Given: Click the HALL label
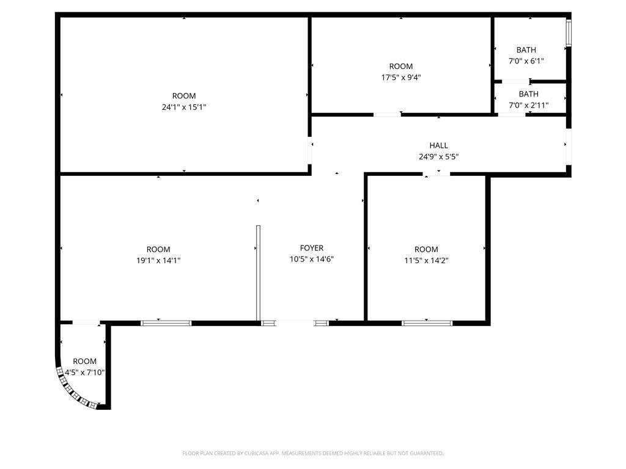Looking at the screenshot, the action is (x=438, y=145).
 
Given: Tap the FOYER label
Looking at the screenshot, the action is (x=311, y=248).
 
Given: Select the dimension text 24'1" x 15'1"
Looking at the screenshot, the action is (x=183, y=107).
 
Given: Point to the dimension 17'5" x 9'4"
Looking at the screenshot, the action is (x=401, y=78).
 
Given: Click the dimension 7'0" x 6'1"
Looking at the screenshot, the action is (x=526, y=61).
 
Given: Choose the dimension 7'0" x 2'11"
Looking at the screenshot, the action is (x=528, y=105).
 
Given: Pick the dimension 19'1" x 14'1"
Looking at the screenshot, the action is (x=158, y=260).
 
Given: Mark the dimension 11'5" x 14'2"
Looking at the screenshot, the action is (x=426, y=260).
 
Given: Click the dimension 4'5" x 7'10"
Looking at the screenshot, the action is (x=84, y=373).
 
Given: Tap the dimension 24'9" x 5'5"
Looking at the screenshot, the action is (x=438, y=157).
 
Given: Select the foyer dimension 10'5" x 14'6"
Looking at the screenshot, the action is (x=311, y=259).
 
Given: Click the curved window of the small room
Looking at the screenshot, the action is (x=72, y=392).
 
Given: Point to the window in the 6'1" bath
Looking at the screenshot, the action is (x=569, y=32).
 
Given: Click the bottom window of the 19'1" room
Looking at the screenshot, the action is (x=166, y=323).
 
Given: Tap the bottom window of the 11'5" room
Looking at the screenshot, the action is (x=427, y=323).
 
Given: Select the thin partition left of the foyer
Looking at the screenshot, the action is (x=259, y=273).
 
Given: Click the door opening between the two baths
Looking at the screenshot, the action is (x=515, y=82).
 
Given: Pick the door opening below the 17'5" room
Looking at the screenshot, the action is (x=387, y=115).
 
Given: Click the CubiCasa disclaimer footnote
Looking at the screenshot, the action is (x=313, y=453).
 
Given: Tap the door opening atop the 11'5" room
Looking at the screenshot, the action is (x=436, y=174).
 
